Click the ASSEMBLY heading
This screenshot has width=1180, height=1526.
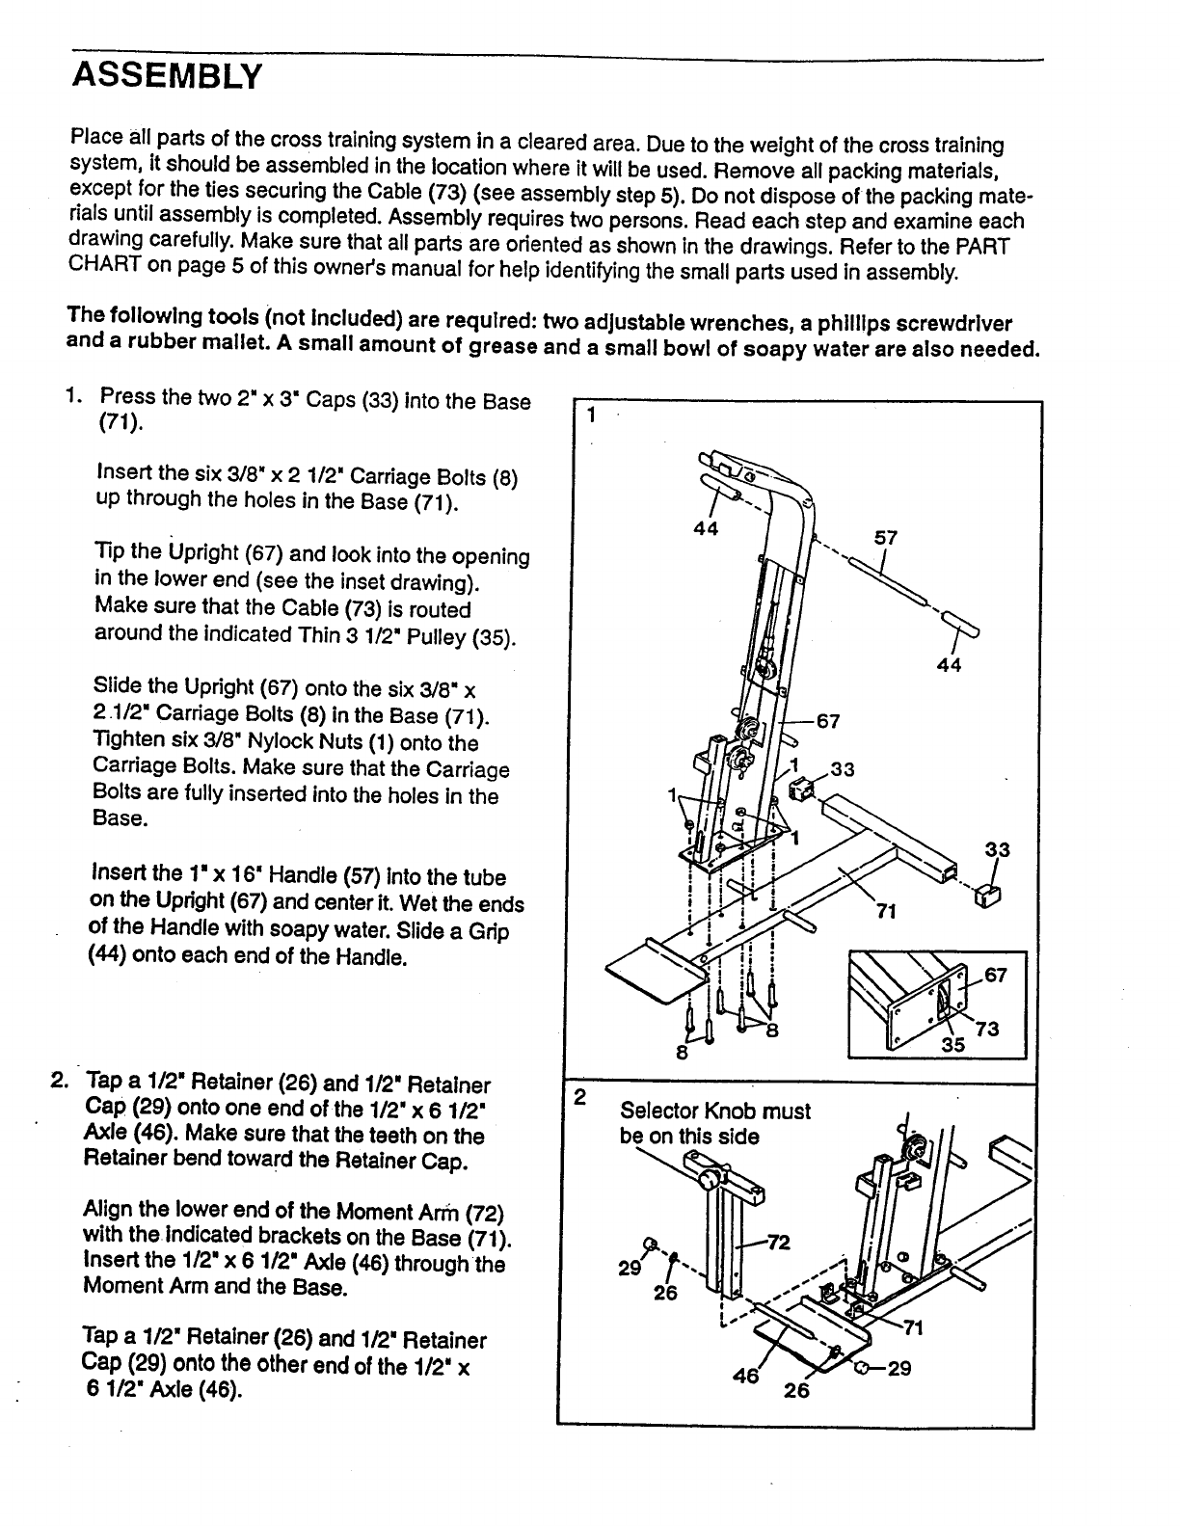(167, 75)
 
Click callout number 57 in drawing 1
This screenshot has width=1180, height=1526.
(885, 537)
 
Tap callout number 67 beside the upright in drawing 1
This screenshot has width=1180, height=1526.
(828, 721)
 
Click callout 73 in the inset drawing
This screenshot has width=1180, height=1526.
(987, 1029)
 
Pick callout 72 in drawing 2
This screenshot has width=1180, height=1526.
(778, 1242)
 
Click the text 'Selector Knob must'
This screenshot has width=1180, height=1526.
(715, 1111)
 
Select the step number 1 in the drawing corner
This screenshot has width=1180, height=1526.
(590, 415)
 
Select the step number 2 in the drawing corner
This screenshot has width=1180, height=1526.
(579, 1097)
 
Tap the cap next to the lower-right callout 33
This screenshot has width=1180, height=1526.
(988, 896)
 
